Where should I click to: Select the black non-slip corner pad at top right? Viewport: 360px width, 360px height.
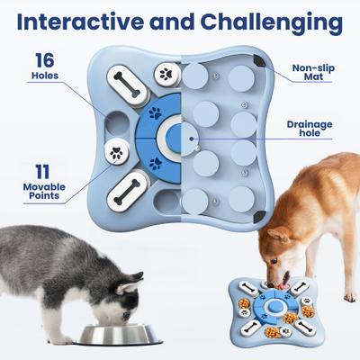[x=260, y=59]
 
